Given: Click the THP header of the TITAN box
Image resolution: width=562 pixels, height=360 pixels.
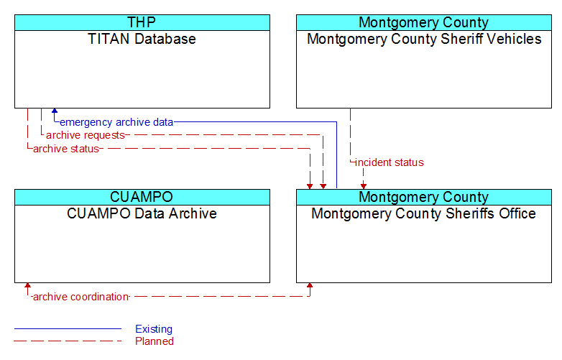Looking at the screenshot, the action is point(142,22).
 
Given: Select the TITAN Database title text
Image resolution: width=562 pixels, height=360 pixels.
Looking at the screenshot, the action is point(142,39).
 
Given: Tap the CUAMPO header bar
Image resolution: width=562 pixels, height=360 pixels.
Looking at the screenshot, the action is point(142,197).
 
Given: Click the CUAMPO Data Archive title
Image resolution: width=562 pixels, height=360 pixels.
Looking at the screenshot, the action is point(142,213).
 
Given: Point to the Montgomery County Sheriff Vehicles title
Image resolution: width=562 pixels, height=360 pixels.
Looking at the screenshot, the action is point(424,39).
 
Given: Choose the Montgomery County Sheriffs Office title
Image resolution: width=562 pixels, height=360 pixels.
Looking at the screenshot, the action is point(423,213).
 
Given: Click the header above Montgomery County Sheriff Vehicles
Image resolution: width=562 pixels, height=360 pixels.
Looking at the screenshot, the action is point(424,22).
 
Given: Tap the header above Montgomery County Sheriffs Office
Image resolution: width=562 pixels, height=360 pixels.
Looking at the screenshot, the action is point(424,197).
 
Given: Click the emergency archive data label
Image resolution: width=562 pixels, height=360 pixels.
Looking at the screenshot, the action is point(116,122).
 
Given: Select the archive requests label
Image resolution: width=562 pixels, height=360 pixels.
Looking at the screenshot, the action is point(86,135).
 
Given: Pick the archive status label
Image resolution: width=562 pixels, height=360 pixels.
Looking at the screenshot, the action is point(66,149).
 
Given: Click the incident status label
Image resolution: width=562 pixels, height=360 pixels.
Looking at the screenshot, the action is point(390,162).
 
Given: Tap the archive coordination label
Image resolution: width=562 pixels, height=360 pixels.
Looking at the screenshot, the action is point(80,297).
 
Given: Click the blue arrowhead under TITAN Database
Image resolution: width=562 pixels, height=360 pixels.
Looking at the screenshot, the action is point(55,111).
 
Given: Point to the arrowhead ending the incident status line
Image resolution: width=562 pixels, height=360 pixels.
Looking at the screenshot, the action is point(364,186).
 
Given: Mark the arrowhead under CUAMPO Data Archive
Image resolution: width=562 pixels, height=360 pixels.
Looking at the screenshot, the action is point(27,286).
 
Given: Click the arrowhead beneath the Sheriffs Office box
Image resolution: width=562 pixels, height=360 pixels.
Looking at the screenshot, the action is point(310,286).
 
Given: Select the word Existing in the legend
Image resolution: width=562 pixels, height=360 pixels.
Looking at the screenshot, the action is point(154,329).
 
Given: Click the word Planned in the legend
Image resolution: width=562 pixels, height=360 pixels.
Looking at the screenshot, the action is point(155,341).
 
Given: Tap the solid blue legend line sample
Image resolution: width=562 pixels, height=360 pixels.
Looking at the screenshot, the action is point(68,328).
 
